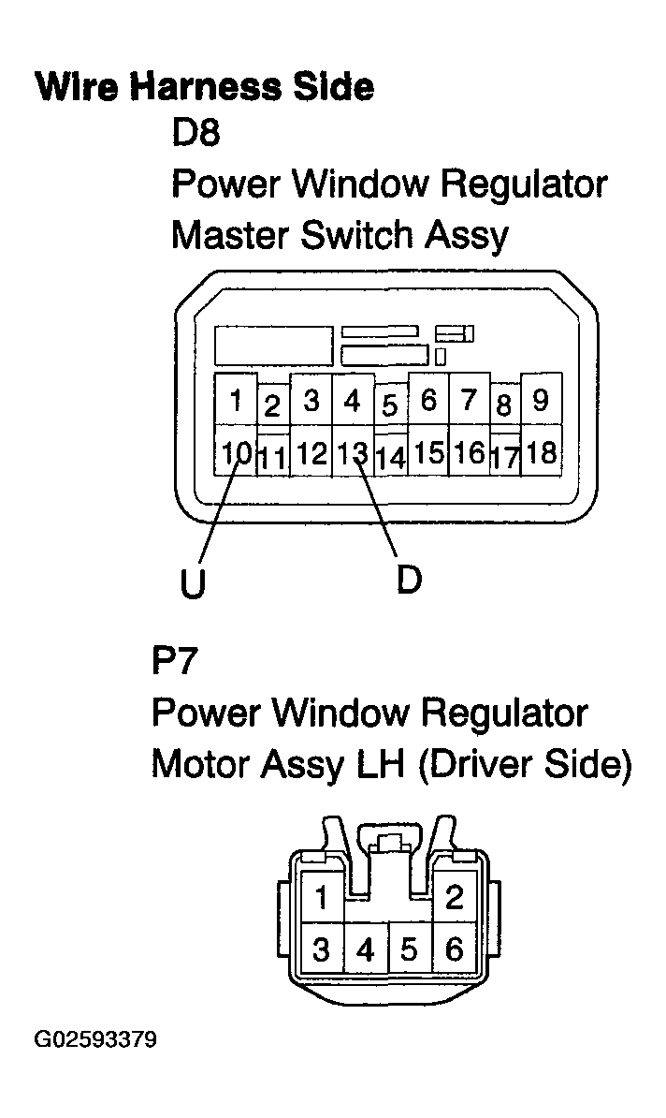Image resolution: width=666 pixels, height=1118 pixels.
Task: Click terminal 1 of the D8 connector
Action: click(236, 400)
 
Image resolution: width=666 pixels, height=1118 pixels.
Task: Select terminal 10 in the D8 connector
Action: click(236, 451)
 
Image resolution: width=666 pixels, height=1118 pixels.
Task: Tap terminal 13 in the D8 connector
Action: click(353, 451)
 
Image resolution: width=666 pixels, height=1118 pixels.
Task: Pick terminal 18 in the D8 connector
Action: click(542, 451)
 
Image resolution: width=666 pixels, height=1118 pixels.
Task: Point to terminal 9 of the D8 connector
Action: click(542, 400)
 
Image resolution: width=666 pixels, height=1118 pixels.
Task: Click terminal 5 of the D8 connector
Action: click(390, 405)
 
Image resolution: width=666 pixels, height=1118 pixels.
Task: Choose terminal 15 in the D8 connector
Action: click(428, 451)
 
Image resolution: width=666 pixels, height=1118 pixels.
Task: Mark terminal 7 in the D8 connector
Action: click(469, 400)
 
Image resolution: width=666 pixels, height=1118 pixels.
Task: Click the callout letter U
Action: click(193, 583)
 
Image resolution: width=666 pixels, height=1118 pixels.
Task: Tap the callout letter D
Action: click(410, 579)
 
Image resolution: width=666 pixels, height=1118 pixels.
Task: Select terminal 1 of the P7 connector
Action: click(322, 897)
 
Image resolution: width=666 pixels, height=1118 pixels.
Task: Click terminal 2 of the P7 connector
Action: click(455, 897)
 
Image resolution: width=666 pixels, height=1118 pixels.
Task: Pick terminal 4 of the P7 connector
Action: click(366, 949)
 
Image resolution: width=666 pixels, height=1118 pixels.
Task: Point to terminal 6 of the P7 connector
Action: click(455, 949)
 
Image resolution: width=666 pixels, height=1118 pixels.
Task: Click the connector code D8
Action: click(195, 132)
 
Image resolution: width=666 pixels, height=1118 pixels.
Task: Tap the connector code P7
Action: click(174, 660)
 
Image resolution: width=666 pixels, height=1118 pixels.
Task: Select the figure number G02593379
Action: click(95, 1038)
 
